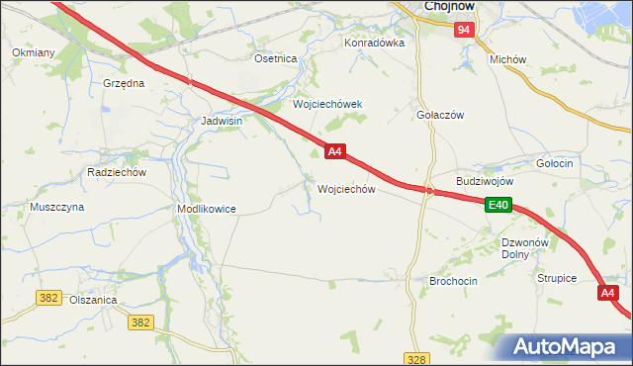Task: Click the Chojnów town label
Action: pyautogui.click(x=450, y=6)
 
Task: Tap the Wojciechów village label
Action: pyautogui.click(x=345, y=189)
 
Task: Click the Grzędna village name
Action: pyautogui.click(x=124, y=83)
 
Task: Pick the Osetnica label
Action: pyautogui.click(x=276, y=58)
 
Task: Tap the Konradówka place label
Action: pyautogui.click(x=375, y=44)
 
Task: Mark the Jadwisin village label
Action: pyautogui.click(x=222, y=121)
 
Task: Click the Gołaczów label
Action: pyautogui.click(x=441, y=115)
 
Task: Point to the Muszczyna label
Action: pyautogui.click(x=56, y=208)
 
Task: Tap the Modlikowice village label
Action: pyautogui.click(x=206, y=210)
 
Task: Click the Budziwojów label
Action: pyautogui.click(x=485, y=182)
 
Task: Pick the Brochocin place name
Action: pyautogui.click(x=453, y=281)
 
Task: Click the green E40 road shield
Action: pyautogui.click(x=498, y=205)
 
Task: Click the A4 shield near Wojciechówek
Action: pyautogui.click(x=335, y=151)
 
